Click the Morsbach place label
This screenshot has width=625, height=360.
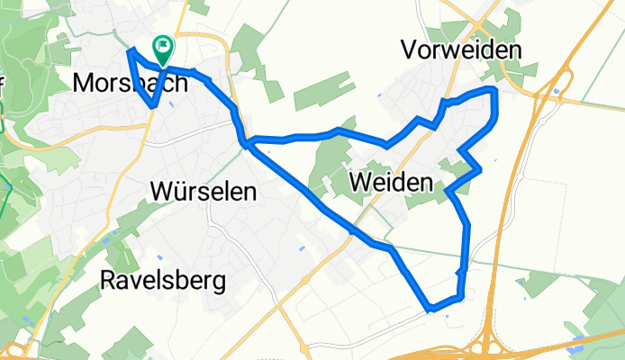[x=131, y=83]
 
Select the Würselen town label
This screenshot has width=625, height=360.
[x=204, y=192]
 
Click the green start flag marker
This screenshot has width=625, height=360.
[x=163, y=48]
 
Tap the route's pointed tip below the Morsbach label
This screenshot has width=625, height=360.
[x=155, y=105]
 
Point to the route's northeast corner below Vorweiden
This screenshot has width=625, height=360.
[x=494, y=91]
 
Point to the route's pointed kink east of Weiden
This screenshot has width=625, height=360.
[x=480, y=168]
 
